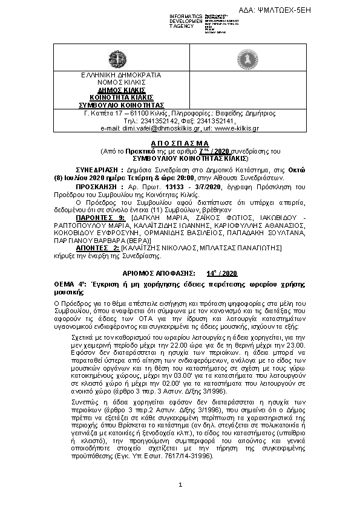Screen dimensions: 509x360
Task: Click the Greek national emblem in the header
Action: (117, 59)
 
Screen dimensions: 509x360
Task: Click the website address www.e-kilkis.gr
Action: (237, 128)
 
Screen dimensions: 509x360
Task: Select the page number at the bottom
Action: (180, 486)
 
